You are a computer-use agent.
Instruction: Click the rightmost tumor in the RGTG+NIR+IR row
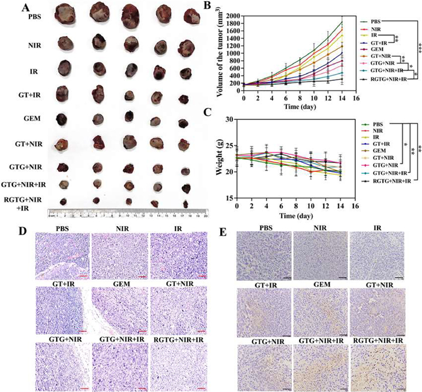pos(186,204)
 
